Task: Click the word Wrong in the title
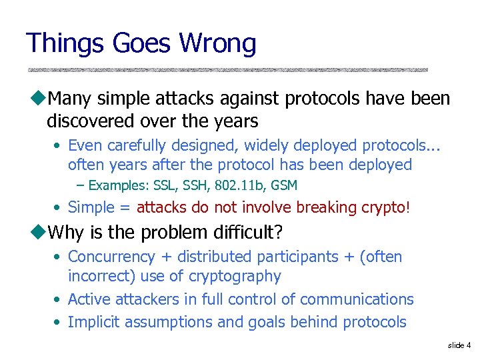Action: tap(217, 43)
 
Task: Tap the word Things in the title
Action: tap(64, 43)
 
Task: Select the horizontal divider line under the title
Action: tap(227, 69)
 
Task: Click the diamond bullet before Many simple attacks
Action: tap(37, 99)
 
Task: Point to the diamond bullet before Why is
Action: tap(37, 232)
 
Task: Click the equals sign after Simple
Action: tap(125, 208)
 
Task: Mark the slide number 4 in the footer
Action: tap(469, 345)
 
